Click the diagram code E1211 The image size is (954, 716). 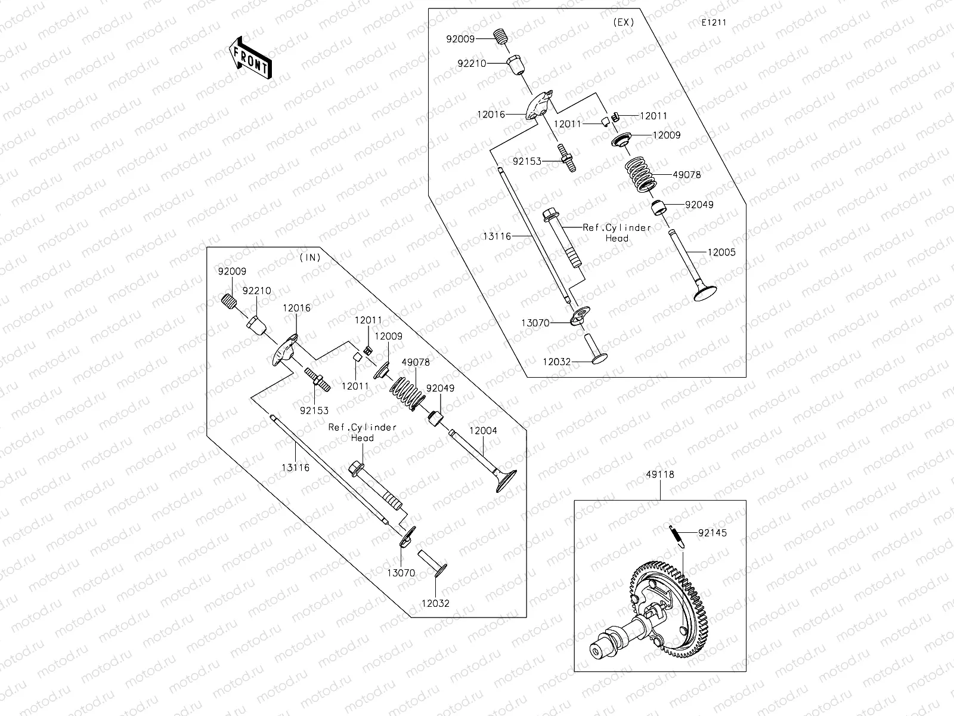pyautogui.click(x=714, y=23)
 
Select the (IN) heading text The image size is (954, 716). pyautogui.click(x=310, y=257)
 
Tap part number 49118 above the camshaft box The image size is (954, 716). pyautogui.click(x=660, y=475)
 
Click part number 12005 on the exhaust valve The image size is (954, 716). pyautogui.click(x=721, y=252)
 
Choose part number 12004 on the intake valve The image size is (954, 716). pyautogui.click(x=483, y=430)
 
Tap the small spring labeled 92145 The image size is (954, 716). pyautogui.click(x=675, y=534)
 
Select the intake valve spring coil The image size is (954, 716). pyautogui.click(x=407, y=395)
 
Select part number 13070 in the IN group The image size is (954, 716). pyautogui.click(x=401, y=573)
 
